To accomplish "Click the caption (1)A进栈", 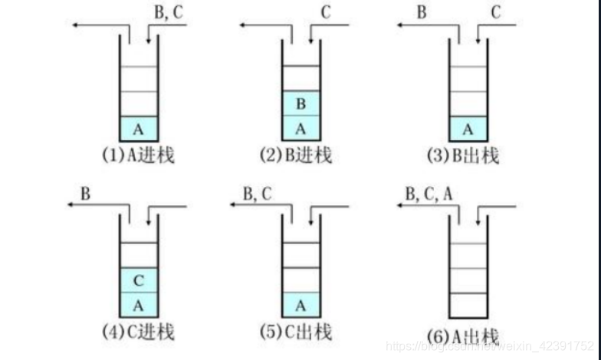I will click(138, 156).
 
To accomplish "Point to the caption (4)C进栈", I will click(138, 332).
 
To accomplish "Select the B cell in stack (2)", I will click(301, 103).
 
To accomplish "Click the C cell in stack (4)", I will click(138, 280).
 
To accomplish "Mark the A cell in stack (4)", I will click(138, 304).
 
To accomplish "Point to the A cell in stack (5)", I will click(301, 304).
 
